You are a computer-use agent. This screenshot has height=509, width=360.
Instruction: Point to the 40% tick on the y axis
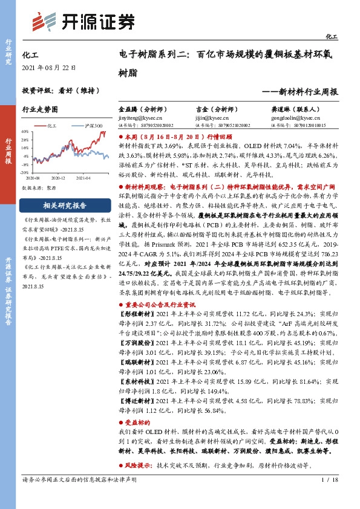coord(24,131)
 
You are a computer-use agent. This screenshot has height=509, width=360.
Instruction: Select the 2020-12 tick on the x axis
coord(58,178)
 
